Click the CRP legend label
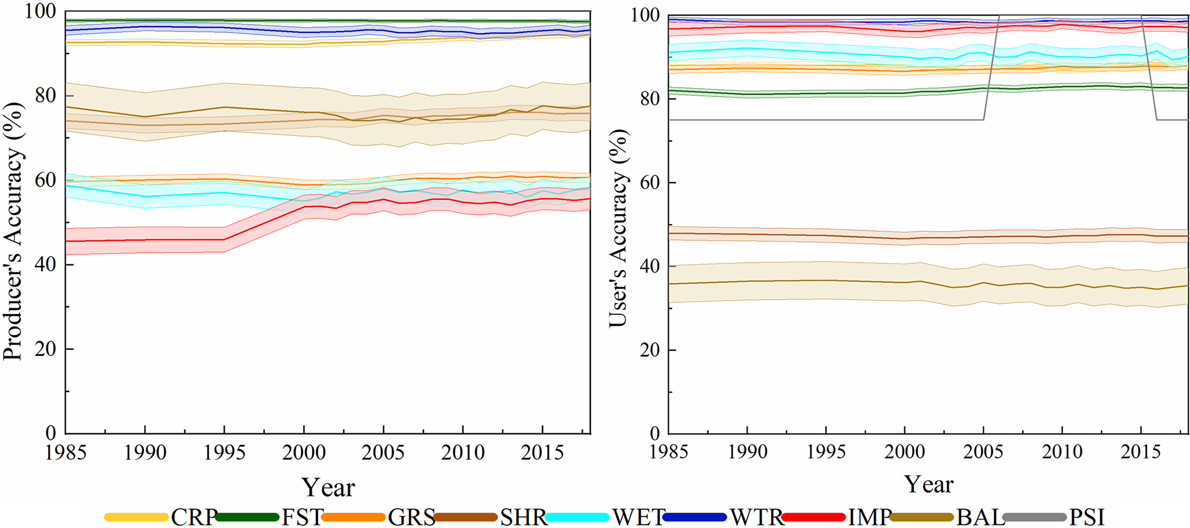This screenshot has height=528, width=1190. click(x=194, y=517)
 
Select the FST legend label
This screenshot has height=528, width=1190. click(x=302, y=517)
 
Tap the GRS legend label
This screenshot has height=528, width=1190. click(x=411, y=517)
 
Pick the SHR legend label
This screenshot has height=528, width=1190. click(x=523, y=517)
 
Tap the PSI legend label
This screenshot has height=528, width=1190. click(x=1087, y=517)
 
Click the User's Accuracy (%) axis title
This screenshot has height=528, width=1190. click(x=618, y=228)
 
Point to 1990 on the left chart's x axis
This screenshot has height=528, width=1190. click(x=145, y=453)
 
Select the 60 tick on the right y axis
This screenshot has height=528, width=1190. click(x=650, y=183)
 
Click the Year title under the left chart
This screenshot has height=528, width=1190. click(x=328, y=487)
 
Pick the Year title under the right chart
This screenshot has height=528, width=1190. click(x=928, y=484)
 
